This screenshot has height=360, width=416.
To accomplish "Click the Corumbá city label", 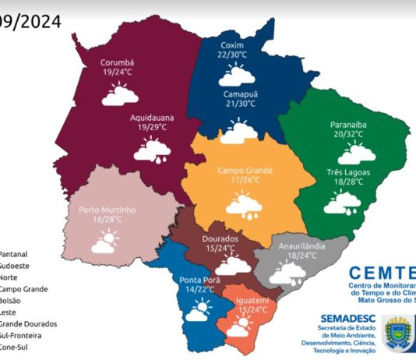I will [118, 62].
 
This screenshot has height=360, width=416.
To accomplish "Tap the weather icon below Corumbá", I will [118, 94].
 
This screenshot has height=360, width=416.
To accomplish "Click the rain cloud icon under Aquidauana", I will [152, 150].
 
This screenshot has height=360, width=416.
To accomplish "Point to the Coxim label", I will [233, 44].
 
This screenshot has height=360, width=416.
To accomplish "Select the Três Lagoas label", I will [348, 171].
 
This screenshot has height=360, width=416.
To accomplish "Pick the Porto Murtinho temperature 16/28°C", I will [107, 221].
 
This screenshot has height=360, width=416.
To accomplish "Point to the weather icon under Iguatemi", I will [238, 327].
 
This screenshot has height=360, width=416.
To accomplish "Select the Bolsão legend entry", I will [11, 300].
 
